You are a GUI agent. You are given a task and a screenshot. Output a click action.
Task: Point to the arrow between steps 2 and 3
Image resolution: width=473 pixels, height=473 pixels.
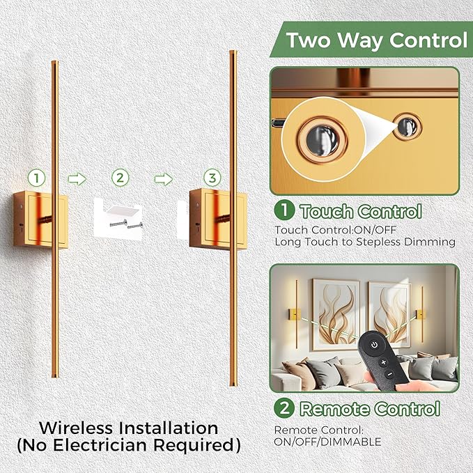(x=163, y=179)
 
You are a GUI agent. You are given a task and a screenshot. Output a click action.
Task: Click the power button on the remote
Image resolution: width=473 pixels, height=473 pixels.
(x=374, y=344)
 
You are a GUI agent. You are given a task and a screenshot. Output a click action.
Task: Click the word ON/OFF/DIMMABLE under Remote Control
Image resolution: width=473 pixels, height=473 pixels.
(x=327, y=442)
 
